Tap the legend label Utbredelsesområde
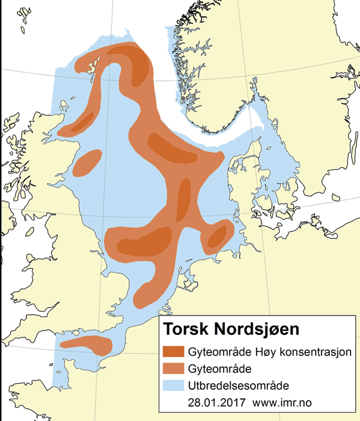point(239,386)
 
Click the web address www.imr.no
point(287,403)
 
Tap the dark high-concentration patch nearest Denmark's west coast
point(219,236)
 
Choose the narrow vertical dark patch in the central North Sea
point(183,199)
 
